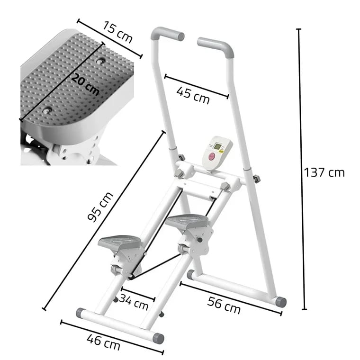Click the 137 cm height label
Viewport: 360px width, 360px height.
pos(324,172)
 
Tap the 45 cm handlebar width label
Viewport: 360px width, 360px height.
pos(193,96)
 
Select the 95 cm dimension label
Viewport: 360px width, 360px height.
pos(100,207)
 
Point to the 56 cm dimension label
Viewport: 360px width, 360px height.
pos(224,305)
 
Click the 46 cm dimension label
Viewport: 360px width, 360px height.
pos(103,342)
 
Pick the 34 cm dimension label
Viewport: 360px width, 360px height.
pos(134,302)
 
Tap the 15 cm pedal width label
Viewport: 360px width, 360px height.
pos(117,32)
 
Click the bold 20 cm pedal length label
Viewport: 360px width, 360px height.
pos(85,84)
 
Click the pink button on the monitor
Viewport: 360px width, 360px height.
pos(211,157)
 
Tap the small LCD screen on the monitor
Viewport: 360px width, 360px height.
pos(217,146)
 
